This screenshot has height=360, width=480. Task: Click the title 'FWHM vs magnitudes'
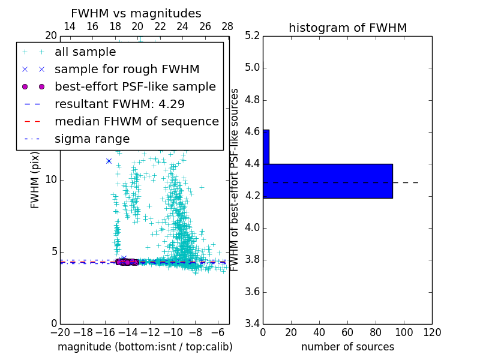136,13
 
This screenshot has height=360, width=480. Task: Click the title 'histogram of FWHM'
347,28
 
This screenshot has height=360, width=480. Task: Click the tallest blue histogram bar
328,181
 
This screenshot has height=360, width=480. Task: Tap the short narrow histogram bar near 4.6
266,146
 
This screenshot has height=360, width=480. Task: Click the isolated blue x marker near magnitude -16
109,161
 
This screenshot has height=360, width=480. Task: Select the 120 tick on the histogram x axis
431,332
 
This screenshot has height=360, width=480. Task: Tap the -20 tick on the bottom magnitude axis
60,332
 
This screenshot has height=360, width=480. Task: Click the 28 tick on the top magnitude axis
227,26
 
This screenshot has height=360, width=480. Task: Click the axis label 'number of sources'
347,347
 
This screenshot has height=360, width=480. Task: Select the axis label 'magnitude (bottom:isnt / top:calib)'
145,347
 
